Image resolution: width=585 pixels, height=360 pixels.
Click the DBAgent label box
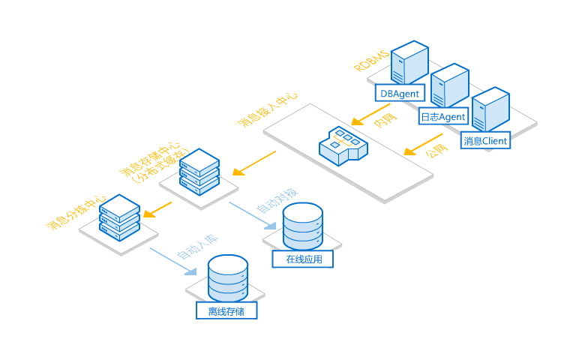(400, 93)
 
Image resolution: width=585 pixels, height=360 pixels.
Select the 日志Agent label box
(443, 116)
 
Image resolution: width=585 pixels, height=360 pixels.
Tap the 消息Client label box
(485, 141)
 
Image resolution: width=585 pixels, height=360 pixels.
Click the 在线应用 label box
(302, 259)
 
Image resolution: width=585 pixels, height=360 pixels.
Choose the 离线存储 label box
(226, 310)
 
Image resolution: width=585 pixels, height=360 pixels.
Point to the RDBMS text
(371, 61)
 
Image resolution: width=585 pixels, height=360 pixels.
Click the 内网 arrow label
(385, 119)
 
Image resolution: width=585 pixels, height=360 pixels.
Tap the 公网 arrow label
(436, 150)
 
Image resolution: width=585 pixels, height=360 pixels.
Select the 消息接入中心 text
(267, 109)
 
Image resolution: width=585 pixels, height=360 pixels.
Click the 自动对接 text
(277, 200)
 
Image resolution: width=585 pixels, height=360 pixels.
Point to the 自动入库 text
(197, 247)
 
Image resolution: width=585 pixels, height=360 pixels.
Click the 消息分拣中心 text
(76, 212)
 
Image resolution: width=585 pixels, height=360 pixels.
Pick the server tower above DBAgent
(409, 62)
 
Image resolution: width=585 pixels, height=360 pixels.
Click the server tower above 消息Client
(490, 109)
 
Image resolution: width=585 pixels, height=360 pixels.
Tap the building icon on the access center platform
(343, 145)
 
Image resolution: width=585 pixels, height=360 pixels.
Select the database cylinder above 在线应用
(302, 226)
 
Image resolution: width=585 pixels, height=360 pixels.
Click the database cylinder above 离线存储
(227, 278)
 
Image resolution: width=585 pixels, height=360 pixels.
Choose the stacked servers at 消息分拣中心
(119, 217)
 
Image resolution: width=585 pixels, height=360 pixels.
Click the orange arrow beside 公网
(423, 144)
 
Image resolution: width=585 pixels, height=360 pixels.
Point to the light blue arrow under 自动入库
(173, 262)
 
